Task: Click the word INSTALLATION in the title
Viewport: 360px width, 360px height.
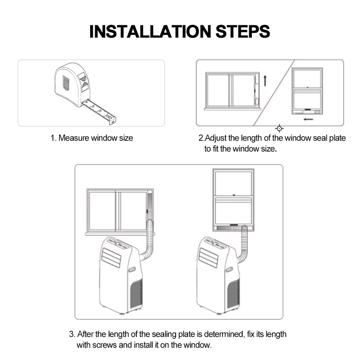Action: click(150, 31)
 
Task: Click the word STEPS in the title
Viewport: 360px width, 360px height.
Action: click(243, 31)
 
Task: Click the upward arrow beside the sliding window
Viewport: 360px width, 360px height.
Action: click(265, 81)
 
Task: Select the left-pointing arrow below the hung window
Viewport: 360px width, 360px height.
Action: click(308, 119)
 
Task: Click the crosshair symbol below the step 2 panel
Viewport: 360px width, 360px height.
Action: click(279, 128)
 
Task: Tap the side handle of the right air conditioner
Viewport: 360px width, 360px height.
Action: click(229, 269)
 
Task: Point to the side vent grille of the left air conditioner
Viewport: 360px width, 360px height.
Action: click(136, 294)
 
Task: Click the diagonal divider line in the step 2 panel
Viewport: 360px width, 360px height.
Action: click(274, 93)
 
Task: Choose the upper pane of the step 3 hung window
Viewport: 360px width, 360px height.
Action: click(234, 183)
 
